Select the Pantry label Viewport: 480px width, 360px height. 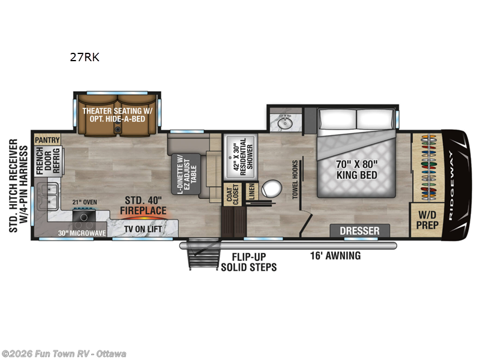pyautogui.click(x=47, y=140)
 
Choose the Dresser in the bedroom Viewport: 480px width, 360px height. pyautogui.click(x=359, y=231)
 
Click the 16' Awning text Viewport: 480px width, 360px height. pyautogui.click(x=335, y=256)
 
